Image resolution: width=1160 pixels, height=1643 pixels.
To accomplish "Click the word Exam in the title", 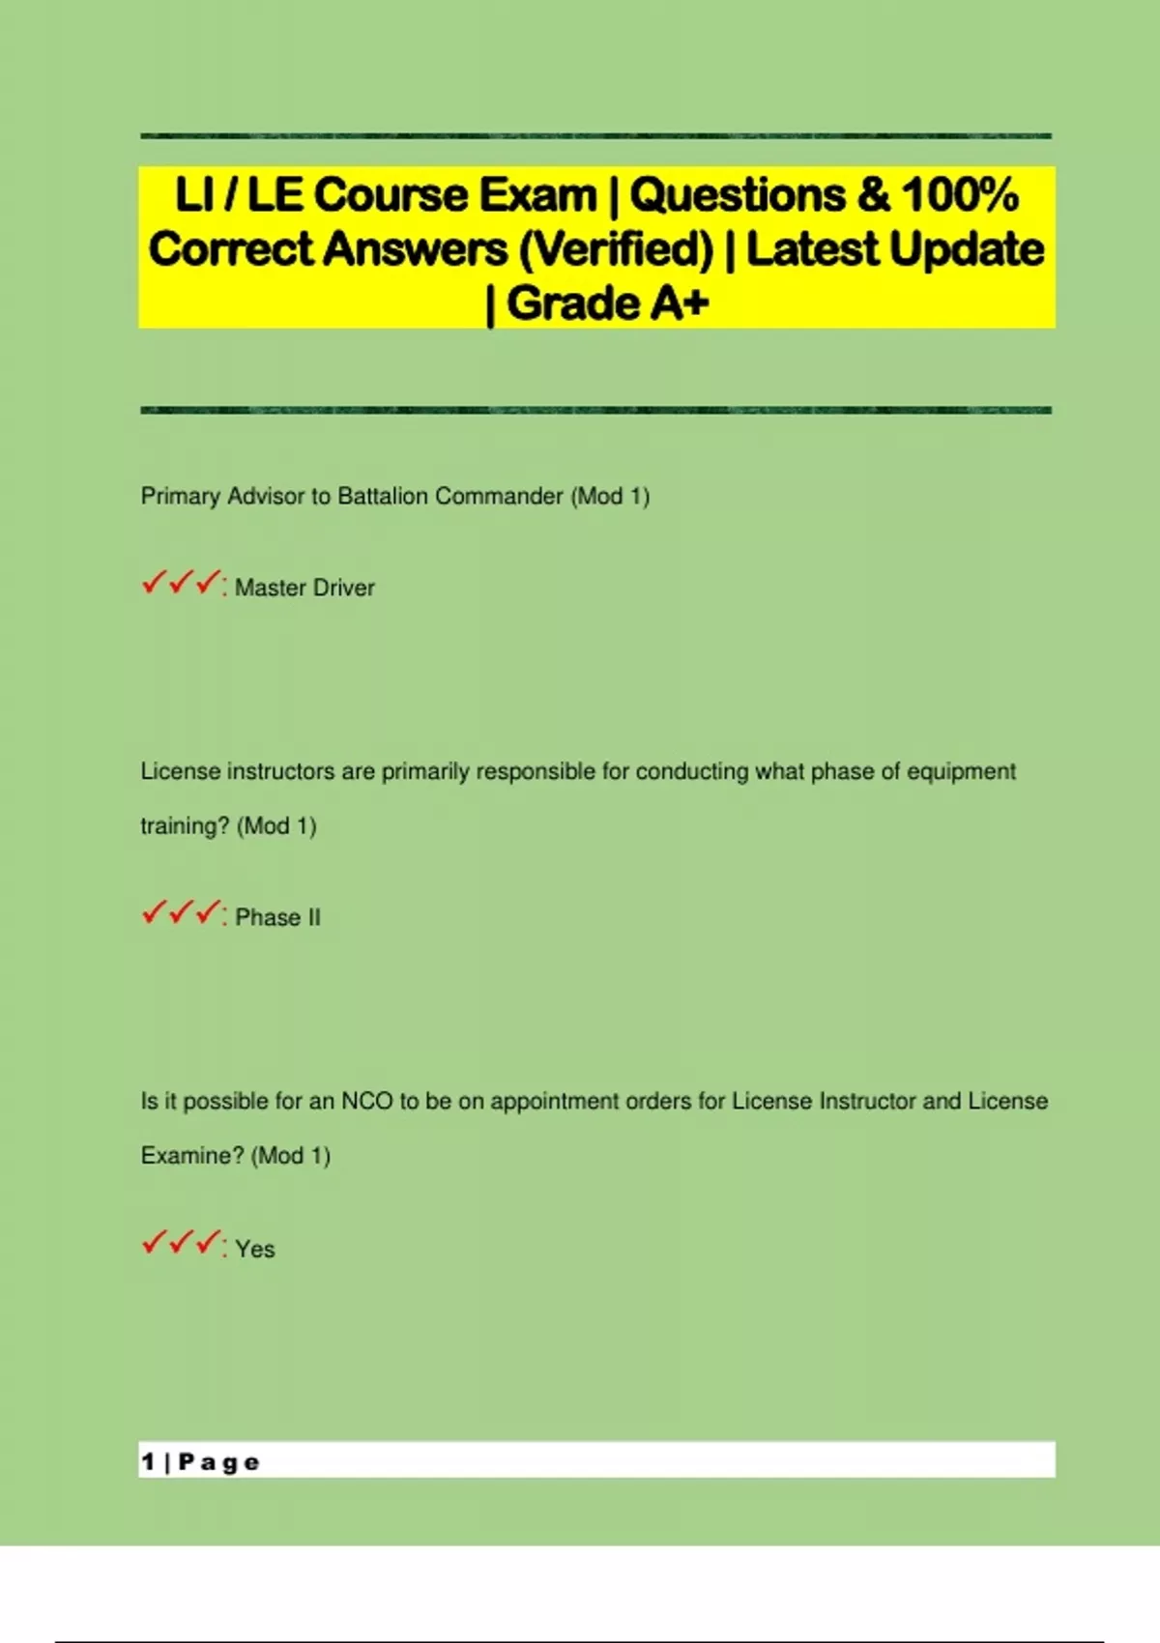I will coord(537,195).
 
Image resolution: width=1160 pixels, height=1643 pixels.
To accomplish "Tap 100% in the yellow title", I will coord(960,195).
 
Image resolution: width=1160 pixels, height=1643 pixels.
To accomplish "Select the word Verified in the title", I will coord(616,249).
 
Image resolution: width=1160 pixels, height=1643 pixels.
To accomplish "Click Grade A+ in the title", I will coord(607,303).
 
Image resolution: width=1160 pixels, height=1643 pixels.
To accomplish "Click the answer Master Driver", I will coord(304,588).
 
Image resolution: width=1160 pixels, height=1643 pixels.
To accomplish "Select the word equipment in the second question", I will coord(961,771).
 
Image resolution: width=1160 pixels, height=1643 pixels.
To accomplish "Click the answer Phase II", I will coord(277,917).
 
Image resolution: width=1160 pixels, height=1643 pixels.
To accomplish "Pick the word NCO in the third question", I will coord(366,1101).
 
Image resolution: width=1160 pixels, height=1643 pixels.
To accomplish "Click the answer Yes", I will coord(255,1249).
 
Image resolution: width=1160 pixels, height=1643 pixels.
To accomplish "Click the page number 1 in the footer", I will coord(148,1461).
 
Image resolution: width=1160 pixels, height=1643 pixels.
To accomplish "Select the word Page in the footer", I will coord(219,1462).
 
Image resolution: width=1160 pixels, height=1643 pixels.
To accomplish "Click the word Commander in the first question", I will coord(499,496).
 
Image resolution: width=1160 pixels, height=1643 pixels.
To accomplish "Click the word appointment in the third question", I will coord(555,1101).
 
